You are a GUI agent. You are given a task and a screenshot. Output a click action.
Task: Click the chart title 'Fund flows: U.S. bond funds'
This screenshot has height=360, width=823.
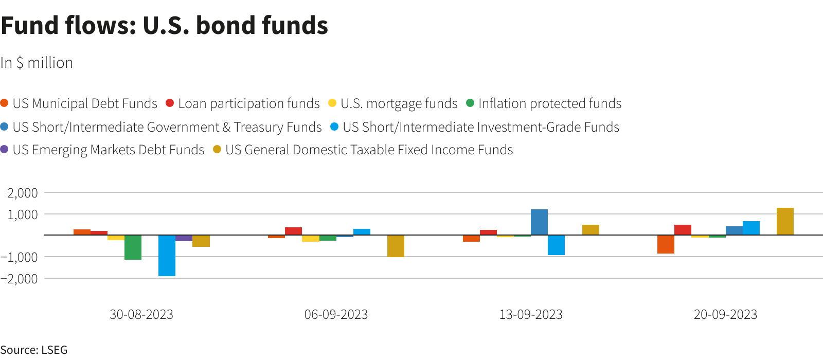[164, 26]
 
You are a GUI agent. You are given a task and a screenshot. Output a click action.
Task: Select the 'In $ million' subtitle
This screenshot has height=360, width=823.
[37, 63]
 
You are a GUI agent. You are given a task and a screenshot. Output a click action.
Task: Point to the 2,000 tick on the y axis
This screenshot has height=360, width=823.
[23, 193]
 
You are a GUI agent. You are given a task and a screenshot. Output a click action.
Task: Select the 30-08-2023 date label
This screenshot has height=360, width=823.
[141, 314]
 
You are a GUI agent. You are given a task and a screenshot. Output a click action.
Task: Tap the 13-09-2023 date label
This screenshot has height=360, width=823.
[531, 314]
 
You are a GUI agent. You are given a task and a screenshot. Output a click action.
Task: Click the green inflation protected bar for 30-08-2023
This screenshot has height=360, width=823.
[133, 247]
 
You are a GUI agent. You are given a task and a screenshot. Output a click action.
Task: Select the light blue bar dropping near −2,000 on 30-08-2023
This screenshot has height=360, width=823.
[167, 256]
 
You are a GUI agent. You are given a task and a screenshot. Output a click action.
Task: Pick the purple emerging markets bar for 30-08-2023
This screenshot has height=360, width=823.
[184, 238]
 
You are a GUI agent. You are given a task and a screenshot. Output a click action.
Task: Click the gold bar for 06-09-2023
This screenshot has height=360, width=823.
[396, 246]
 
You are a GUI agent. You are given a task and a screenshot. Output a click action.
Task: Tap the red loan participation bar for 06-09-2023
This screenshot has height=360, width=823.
[293, 231]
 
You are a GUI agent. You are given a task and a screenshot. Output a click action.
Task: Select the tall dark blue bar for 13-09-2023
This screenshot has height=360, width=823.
[539, 222]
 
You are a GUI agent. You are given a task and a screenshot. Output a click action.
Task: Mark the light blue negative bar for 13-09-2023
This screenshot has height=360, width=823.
[556, 245]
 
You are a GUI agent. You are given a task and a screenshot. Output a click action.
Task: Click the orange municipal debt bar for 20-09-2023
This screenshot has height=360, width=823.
[666, 244]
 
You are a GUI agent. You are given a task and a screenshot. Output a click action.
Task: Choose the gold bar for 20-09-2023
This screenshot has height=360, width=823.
[785, 222]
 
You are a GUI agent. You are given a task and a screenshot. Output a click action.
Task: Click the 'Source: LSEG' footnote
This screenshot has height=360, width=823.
[34, 350]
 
